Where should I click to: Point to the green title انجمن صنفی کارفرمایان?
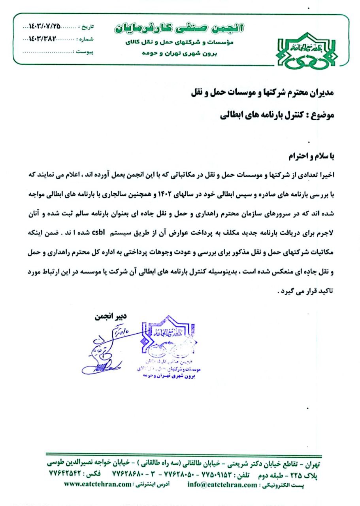pos(179,28)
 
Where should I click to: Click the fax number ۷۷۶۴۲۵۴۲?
pos(64,473)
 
